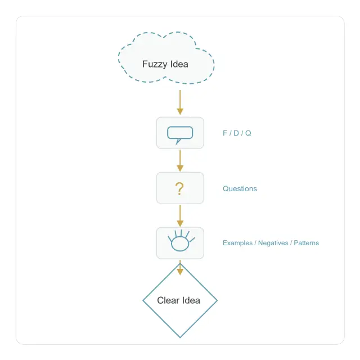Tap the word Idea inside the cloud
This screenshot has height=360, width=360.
[x=179, y=64]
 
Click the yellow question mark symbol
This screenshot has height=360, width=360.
[x=179, y=189]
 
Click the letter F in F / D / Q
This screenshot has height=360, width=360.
[x=225, y=133]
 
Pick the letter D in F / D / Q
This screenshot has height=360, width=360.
[x=236, y=133]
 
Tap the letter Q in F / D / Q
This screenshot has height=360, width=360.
[x=248, y=133]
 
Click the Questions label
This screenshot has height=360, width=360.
[x=240, y=189]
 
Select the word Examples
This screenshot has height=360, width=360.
[x=237, y=243]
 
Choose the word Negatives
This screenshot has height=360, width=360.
[x=273, y=243]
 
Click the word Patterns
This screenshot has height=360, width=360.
[x=306, y=243]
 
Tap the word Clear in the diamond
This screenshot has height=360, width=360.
[x=168, y=300]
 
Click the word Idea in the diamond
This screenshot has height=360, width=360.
[x=191, y=300]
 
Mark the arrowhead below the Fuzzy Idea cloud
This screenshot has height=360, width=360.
[x=180, y=111]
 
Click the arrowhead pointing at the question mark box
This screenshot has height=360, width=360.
[x=180, y=168]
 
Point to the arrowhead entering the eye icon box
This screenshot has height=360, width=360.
[x=180, y=223]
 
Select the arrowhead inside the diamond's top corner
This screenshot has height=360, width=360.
[x=180, y=272]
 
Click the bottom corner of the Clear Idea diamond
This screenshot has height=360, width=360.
[x=180, y=337]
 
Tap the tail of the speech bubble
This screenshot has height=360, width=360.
[x=178, y=141]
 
